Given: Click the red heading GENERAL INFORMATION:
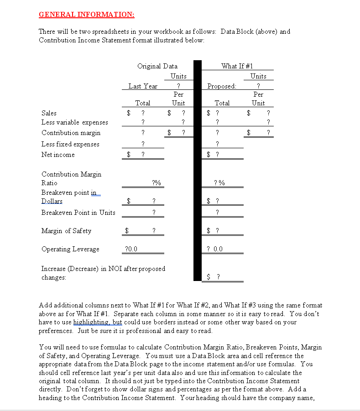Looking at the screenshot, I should click(86, 14).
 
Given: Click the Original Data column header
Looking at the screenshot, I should click(157, 66).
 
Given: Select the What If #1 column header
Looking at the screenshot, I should click(237, 66).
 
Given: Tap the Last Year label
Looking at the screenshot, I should click(143, 86).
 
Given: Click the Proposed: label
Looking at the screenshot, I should click(222, 86).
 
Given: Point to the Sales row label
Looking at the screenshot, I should click(49, 113).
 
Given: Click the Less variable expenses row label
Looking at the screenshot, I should click(75, 122).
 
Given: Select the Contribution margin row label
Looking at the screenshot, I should click(71, 133).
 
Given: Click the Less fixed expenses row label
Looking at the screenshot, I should click(70, 144).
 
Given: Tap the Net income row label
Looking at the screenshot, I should click(58, 155).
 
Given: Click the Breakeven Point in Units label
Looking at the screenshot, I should click(78, 213).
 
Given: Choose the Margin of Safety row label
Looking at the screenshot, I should click(66, 231).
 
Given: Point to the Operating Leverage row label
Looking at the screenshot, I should click(70, 249).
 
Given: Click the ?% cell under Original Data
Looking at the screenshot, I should click(156, 183).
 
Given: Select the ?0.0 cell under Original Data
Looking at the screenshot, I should click(131, 249).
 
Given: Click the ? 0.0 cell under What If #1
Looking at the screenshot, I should click(214, 249).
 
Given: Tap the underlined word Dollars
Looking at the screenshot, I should click(52, 201).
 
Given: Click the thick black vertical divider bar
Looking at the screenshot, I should click(197, 171).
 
